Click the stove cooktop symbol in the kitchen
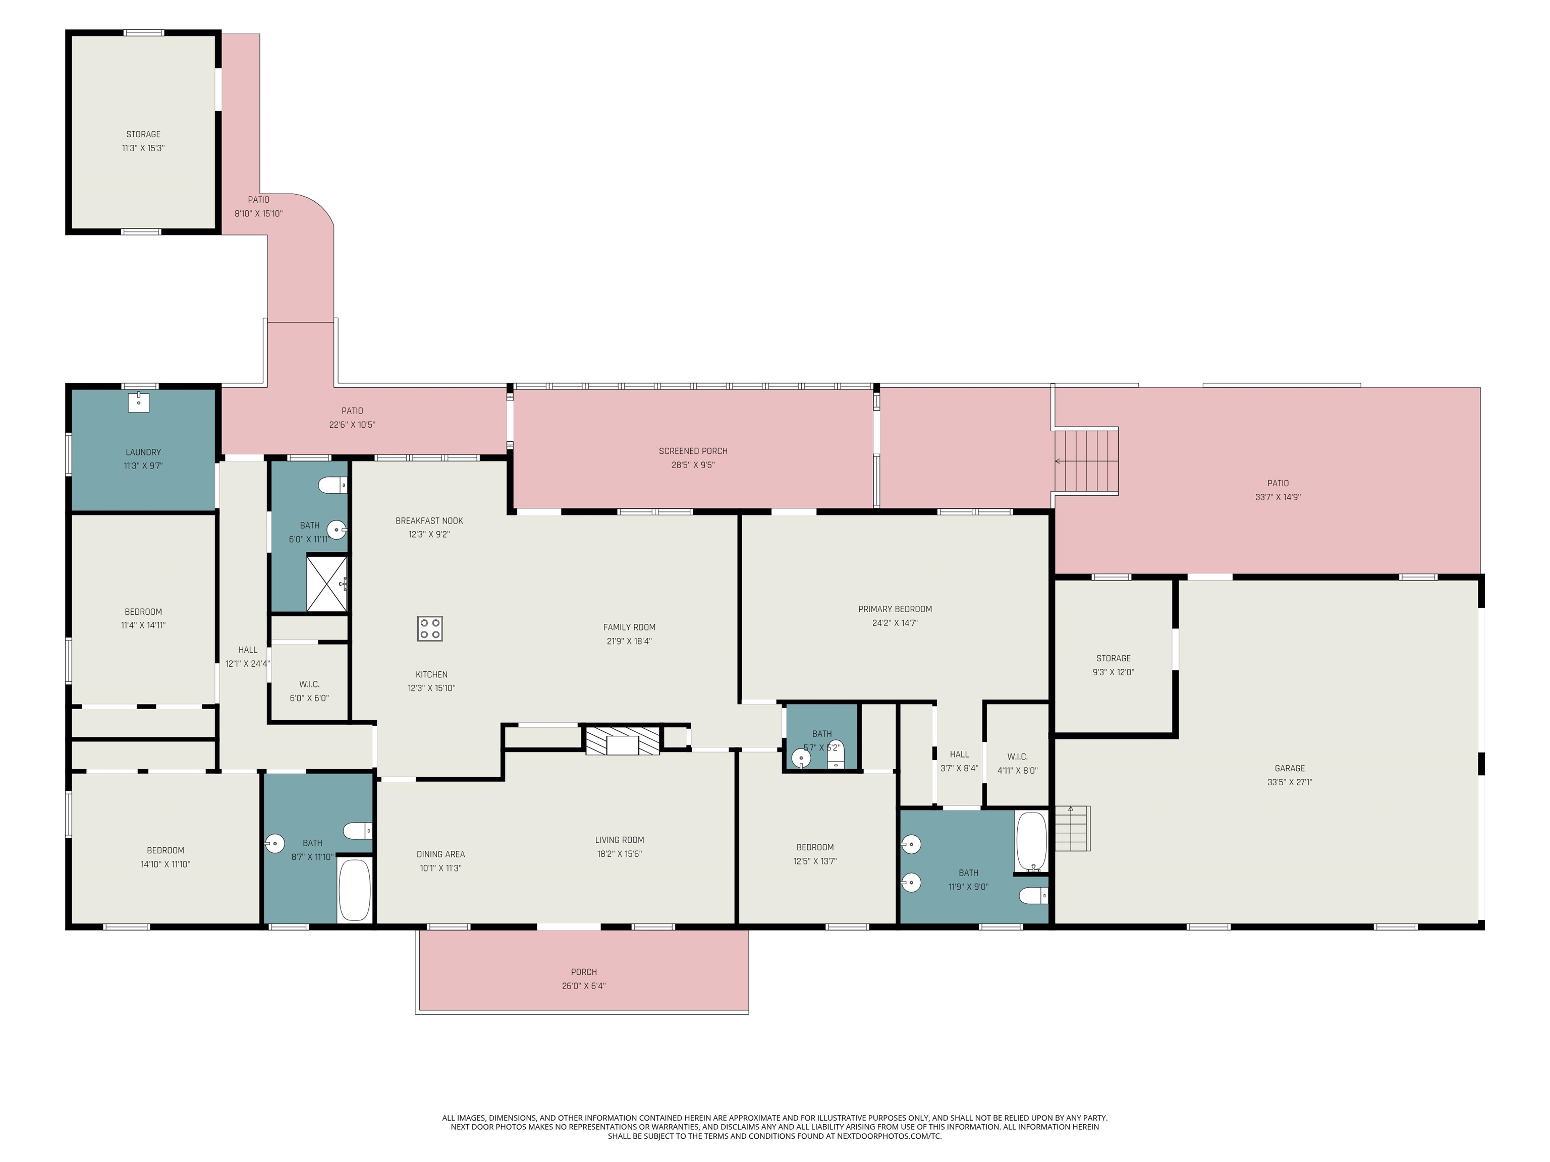(x=429, y=628)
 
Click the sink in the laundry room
(x=138, y=403)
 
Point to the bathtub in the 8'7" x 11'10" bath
(x=355, y=890)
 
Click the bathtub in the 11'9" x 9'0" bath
(x=1031, y=841)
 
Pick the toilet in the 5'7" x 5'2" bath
(x=836, y=754)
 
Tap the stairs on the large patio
(x=1087, y=461)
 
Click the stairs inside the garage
(x=1073, y=829)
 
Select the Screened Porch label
(x=693, y=451)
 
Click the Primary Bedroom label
(x=895, y=609)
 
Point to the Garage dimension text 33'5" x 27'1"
(x=1289, y=782)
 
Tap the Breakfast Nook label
(x=429, y=520)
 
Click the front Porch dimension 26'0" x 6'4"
(x=584, y=986)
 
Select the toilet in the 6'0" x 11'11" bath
(x=332, y=485)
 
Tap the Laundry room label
(x=143, y=452)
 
